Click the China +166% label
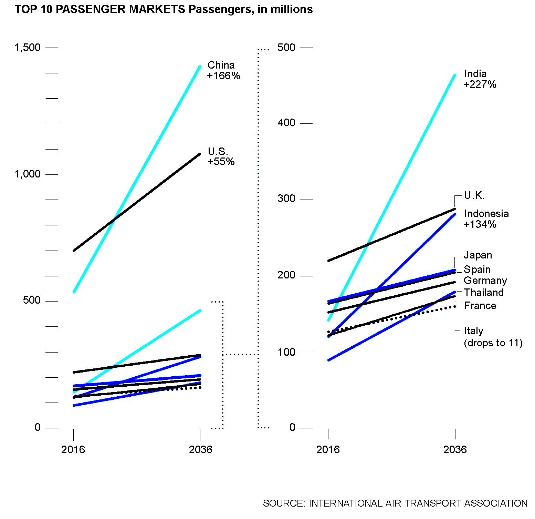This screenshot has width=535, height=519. coord(223,70)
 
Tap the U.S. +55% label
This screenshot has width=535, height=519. coord(221,156)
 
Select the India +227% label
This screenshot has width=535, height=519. coord(480,79)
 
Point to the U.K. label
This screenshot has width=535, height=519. coord(474,196)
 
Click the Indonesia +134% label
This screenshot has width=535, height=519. coord(486,219)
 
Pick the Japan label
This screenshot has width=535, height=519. coord(478,255)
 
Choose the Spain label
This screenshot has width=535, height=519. coord(477,269)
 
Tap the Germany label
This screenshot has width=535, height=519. coord(485,281)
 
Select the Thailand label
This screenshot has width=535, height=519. coord(484,293)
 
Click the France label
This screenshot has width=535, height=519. coord(480,306)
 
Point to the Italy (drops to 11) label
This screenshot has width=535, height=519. coord(493,337)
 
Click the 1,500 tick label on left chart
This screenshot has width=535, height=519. coord(28,48)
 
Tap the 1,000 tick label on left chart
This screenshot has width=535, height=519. coord(28,174)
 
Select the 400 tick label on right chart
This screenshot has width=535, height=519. coord(286,123)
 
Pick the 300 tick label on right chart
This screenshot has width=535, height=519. coord(286,199)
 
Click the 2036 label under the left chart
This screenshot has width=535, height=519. coord(200,449)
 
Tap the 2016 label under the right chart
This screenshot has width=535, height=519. coord(328,449)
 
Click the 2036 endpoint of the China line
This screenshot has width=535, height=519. coord(200,67)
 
